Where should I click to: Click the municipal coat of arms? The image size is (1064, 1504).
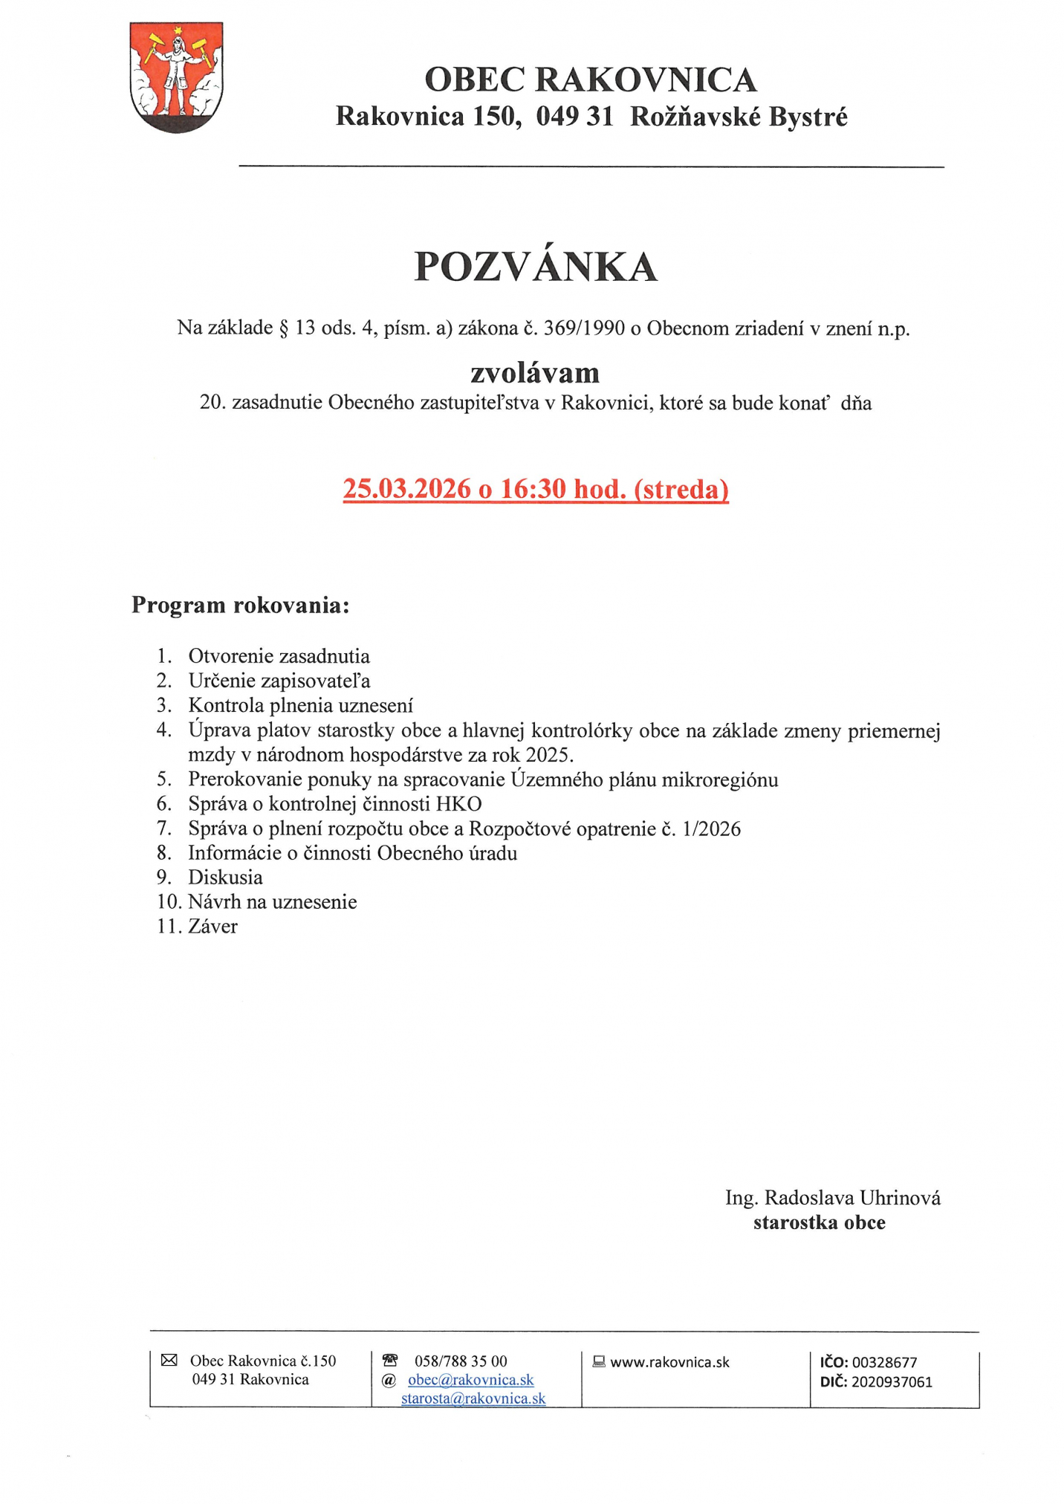point(176,77)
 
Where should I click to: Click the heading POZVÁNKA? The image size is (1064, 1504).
point(535,267)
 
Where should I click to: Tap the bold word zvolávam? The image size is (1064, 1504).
point(535,372)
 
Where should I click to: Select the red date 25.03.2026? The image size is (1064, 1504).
point(406,488)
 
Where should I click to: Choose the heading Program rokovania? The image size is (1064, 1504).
point(240,605)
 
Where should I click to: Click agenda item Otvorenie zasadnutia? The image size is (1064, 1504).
point(279,656)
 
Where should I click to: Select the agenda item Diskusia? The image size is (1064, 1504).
point(225,877)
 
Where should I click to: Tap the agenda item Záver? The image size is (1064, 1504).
point(213,926)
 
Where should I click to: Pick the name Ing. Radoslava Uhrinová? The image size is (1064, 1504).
point(832,1197)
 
